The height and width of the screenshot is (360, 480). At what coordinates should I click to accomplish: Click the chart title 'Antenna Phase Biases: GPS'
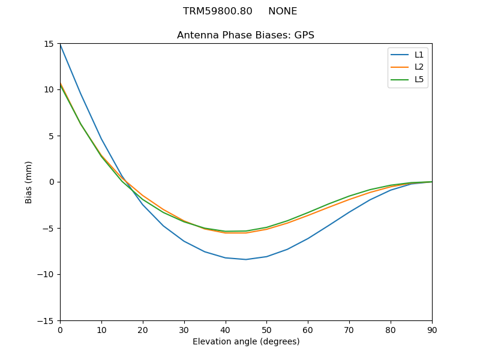[x=245, y=35]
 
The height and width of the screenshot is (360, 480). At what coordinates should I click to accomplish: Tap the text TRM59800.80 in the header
[x=217, y=11]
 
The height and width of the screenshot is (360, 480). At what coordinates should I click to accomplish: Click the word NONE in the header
[x=283, y=11]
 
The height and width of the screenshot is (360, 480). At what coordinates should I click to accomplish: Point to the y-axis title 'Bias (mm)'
[x=29, y=182]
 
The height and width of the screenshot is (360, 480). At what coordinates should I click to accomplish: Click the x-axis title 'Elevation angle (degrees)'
[x=245, y=342]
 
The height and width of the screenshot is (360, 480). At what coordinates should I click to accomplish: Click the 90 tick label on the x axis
[x=432, y=329]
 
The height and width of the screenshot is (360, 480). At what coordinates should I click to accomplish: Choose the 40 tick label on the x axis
[x=225, y=329]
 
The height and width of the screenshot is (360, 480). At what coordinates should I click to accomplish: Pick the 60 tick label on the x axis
[x=308, y=329]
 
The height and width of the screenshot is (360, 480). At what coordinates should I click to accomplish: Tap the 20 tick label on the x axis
[x=143, y=329]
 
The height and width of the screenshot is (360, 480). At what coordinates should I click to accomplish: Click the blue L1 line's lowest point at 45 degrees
[x=246, y=259]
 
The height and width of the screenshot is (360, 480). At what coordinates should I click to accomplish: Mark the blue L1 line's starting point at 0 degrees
[x=60, y=44]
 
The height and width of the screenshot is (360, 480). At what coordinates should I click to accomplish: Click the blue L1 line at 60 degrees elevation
[x=308, y=238]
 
